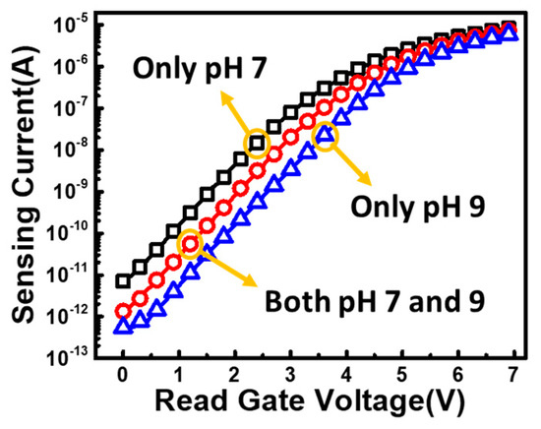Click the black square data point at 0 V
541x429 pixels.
coord(122,281)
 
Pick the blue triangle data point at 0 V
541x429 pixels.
coord(122,327)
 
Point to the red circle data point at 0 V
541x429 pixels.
coord(122,311)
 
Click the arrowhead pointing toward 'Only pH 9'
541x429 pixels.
coord(370,181)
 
